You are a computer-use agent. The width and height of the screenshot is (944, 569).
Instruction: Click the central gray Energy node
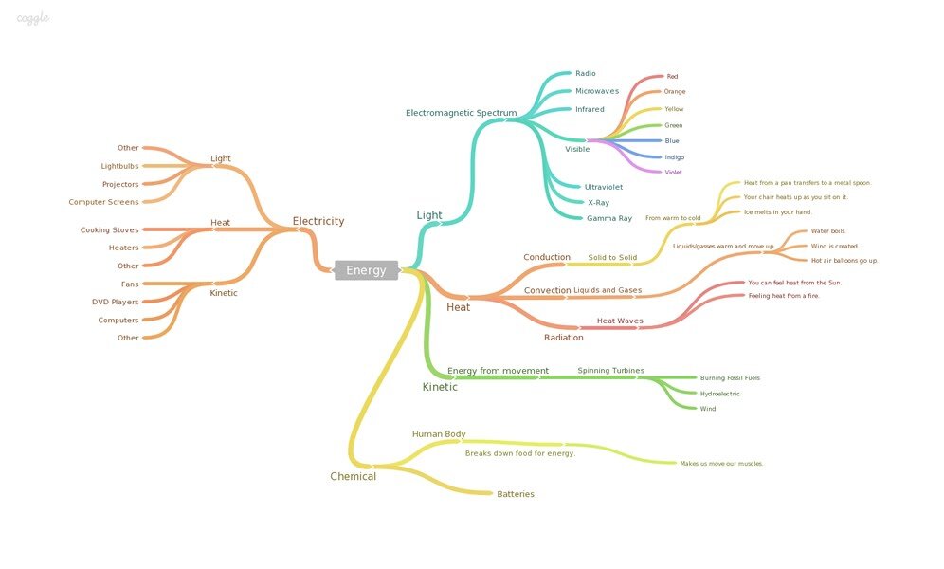pos(366,270)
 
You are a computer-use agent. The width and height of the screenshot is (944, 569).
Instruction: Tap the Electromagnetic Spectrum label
pos(461,113)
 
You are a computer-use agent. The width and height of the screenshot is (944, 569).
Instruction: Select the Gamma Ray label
pos(608,218)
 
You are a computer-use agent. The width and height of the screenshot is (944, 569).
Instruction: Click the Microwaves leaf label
pos(596,91)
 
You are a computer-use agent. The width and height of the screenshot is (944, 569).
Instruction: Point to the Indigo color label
pos(674,157)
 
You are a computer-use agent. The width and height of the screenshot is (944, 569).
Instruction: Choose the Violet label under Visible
pos(673,173)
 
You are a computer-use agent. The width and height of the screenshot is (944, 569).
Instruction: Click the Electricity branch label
pos(318,221)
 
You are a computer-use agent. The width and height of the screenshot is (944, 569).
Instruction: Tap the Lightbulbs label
pos(119,166)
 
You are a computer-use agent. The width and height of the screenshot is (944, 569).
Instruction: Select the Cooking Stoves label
pos(109,229)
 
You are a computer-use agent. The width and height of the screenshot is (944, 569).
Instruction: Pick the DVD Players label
pos(115,302)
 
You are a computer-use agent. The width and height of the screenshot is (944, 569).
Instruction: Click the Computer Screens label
pos(103,202)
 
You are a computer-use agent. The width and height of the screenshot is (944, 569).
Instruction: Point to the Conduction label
pos(547,257)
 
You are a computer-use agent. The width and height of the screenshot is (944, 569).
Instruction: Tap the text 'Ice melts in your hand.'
pos(777,212)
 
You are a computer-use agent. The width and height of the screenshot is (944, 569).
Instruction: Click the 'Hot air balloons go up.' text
pos(844,260)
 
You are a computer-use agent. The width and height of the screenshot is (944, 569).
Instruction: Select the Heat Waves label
pos(619,321)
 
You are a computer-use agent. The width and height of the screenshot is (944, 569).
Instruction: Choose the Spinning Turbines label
pos(610,370)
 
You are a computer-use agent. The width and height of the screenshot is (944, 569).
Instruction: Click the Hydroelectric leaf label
pos(719,394)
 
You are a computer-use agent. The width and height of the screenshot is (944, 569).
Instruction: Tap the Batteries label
pos(516,494)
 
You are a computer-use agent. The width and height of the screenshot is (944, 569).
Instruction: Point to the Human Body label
pos(439,434)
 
